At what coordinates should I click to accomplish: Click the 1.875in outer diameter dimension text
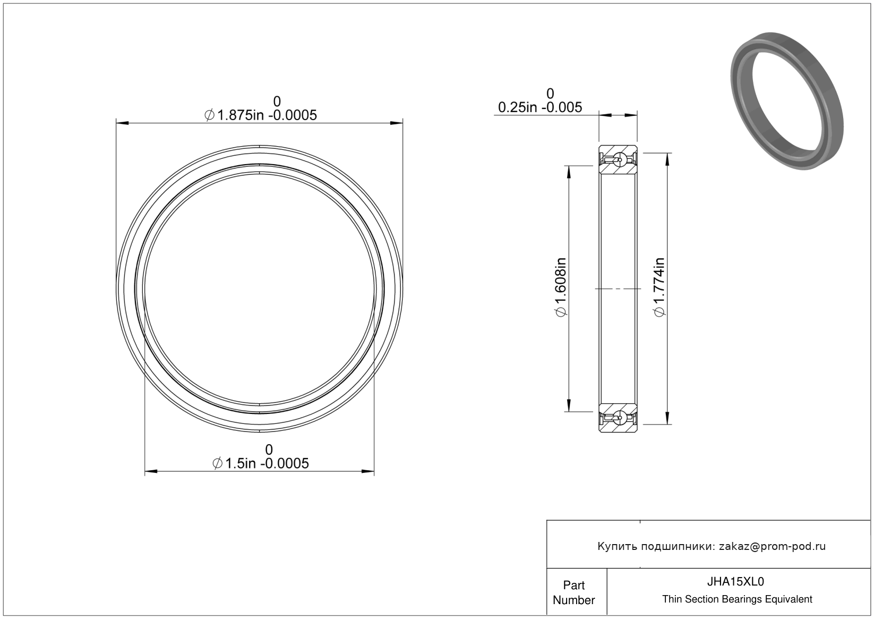tap(260, 115)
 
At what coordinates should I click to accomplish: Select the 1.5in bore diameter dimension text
tap(260, 463)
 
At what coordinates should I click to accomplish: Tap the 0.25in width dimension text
tap(540, 107)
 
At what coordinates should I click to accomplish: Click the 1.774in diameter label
tap(659, 287)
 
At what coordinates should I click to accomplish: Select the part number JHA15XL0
tap(735, 582)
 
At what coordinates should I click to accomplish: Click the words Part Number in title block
tap(573, 592)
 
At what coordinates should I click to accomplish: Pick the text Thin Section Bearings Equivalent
tap(737, 599)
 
